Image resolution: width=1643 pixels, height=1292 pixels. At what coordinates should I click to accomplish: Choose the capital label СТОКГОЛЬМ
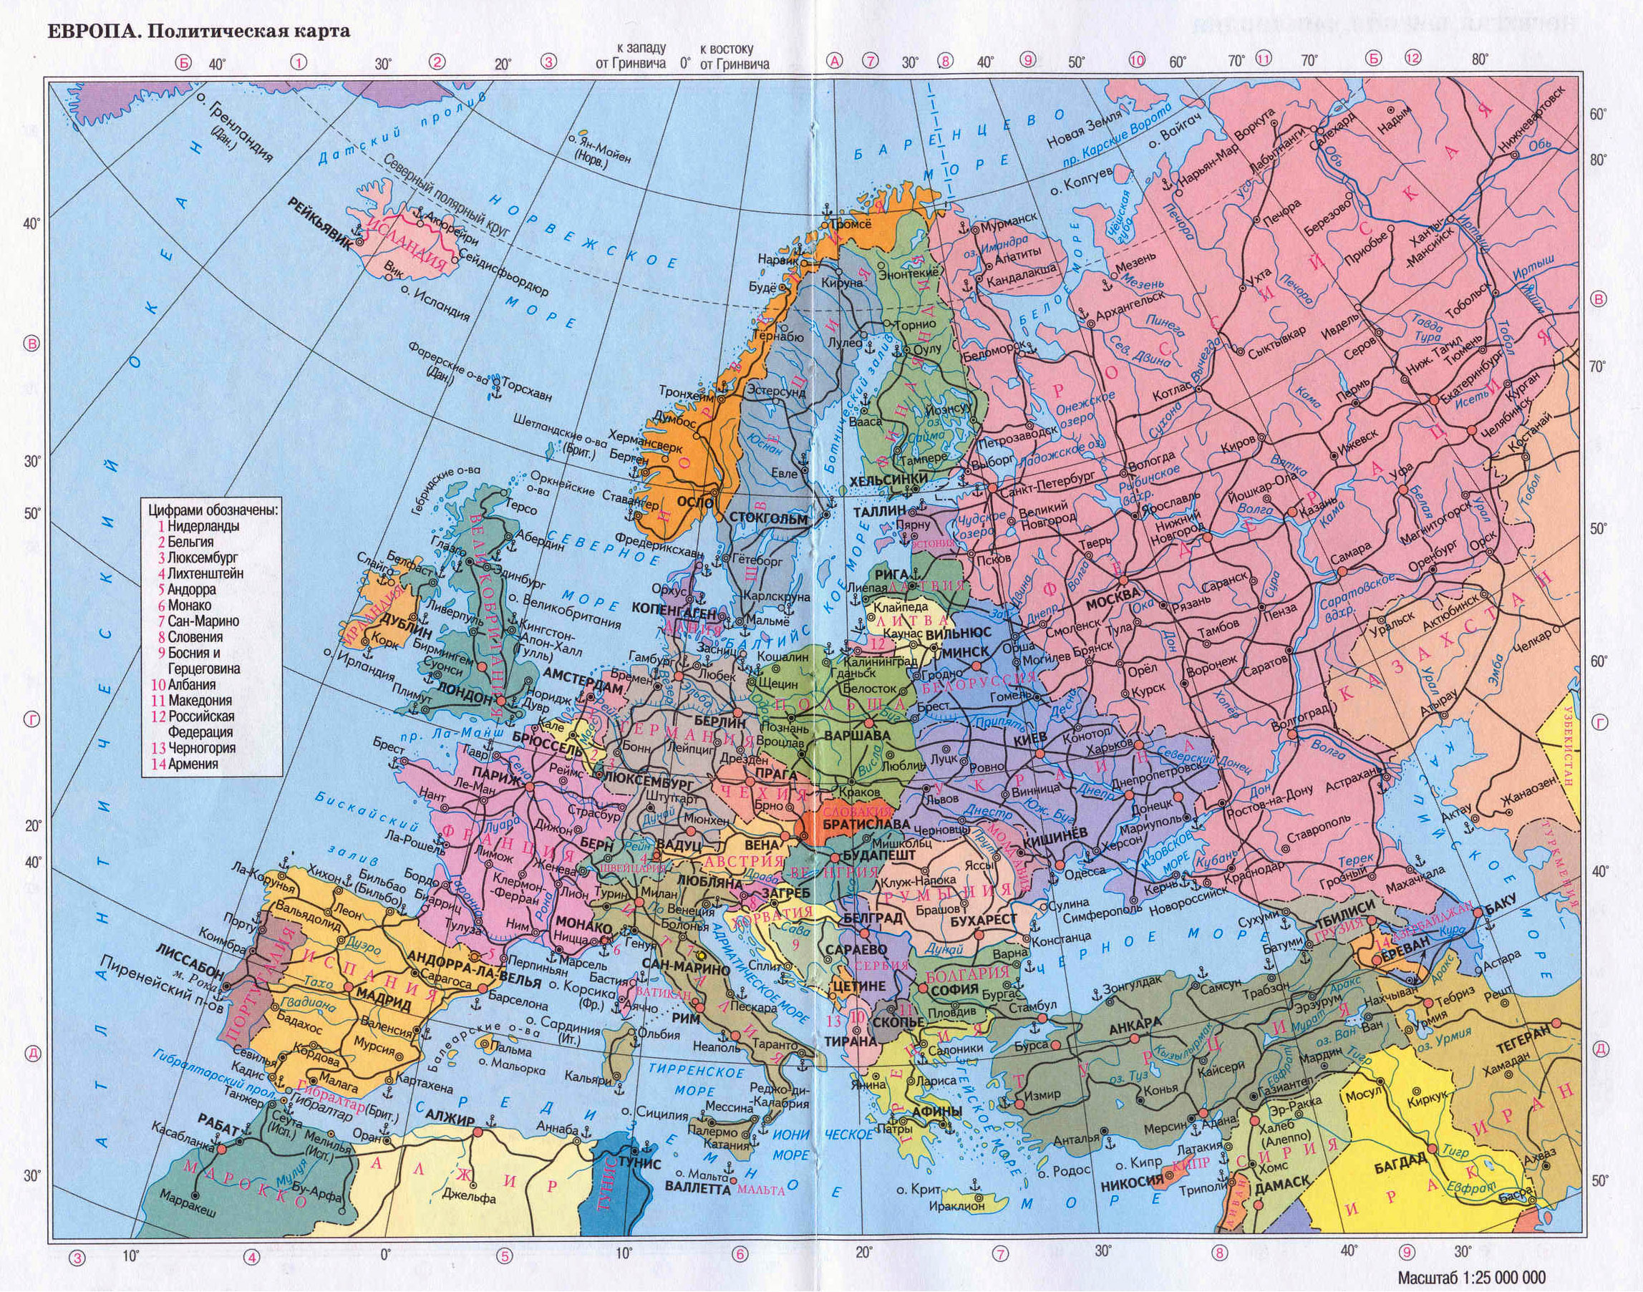[x=767, y=518]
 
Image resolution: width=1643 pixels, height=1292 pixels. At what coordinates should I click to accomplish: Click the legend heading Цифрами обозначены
[x=213, y=510]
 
